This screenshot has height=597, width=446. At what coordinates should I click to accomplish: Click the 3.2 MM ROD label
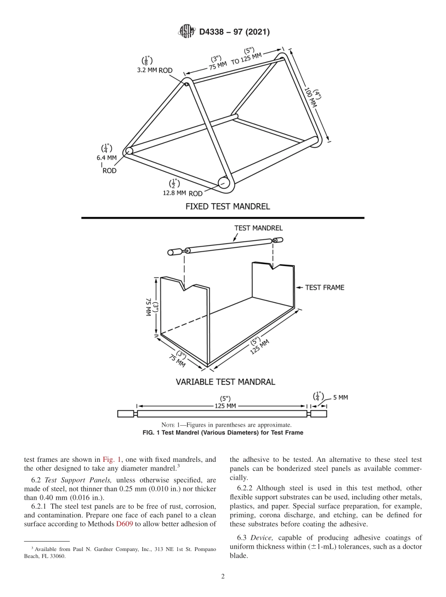154,70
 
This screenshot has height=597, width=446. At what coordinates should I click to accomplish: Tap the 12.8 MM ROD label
183,193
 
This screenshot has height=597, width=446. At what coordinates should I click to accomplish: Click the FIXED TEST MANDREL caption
228,206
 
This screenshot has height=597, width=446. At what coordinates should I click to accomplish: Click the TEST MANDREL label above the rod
258,228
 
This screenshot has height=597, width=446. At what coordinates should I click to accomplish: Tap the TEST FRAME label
324,287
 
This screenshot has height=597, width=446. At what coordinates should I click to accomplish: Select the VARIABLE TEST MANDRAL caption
225,382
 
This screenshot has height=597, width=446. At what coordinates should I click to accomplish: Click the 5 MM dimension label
340,398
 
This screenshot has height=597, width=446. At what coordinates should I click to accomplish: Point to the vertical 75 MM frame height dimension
148,307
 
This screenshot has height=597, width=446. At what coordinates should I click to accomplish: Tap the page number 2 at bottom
223,576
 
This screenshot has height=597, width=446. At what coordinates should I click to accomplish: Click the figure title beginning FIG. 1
223,433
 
